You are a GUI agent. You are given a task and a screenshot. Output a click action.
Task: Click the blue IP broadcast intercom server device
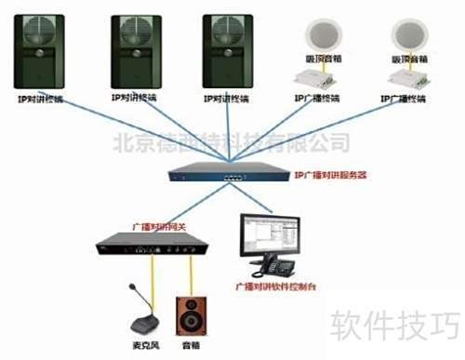228,173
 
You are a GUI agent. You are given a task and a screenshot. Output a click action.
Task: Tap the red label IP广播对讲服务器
329,174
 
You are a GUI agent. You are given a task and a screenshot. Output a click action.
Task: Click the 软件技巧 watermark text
396,325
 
